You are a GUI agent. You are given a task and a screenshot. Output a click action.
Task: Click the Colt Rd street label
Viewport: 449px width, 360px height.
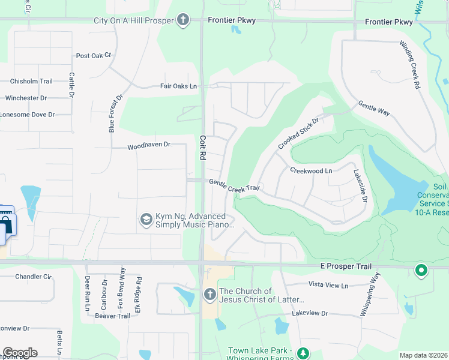tap(202, 146)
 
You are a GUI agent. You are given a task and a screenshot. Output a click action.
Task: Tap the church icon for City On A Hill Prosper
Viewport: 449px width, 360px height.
tap(184, 20)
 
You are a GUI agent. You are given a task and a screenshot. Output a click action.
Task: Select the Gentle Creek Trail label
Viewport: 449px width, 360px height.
tap(234, 185)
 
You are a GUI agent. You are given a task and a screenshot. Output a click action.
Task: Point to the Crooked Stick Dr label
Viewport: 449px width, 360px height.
tap(298, 134)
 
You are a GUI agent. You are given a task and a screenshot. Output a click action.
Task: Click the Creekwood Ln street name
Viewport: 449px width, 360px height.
tap(311, 171)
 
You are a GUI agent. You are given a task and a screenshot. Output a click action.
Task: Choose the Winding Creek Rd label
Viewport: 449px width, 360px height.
tap(410, 65)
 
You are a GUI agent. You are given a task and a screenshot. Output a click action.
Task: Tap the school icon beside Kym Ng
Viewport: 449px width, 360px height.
tap(145, 220)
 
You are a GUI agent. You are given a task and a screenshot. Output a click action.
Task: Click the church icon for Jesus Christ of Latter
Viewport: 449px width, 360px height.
tap(209, 295)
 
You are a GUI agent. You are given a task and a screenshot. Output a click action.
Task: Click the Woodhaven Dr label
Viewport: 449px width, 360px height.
tap(149, 145)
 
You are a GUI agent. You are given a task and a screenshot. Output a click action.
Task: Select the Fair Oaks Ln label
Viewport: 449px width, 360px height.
tap(178, 86)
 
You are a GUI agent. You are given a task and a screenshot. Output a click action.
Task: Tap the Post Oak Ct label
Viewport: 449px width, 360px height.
tap(94, 56)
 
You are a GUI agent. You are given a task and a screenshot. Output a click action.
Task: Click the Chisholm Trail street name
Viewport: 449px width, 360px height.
tap(31, 82)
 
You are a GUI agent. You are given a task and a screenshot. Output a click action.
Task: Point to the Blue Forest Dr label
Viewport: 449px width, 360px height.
tap(115, 113)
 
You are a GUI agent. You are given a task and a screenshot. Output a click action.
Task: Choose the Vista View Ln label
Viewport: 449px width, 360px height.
tap(328, 286)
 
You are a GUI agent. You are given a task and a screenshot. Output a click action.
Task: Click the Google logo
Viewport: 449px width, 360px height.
tap(20, 353)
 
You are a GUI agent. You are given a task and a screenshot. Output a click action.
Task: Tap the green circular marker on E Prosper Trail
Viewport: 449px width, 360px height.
tap(421, 271)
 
